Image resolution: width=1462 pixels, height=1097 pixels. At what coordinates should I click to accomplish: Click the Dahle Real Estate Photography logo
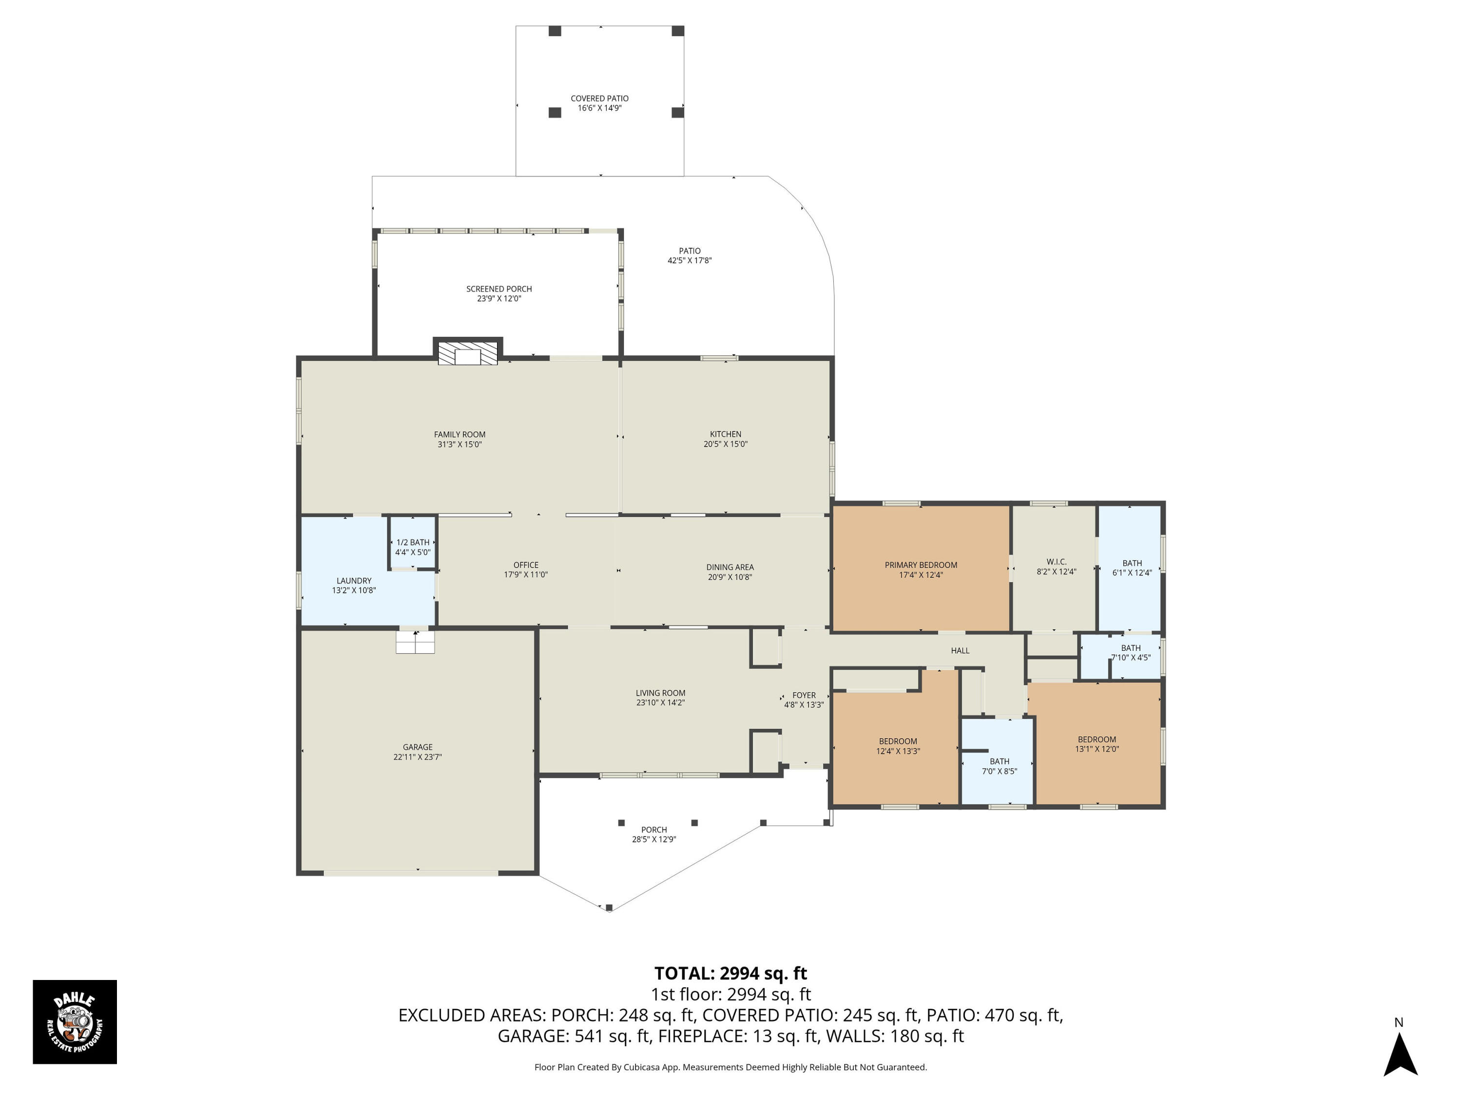pyautogui.click(x=75, y=1021)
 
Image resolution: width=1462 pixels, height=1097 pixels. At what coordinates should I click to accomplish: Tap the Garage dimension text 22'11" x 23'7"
pyautogui.click(x=417, y=757)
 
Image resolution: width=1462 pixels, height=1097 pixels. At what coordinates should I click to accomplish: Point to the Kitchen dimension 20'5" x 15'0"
pyautogui.click(x=725, y=444)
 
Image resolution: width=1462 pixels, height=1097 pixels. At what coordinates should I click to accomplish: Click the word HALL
pyautogui.click(x=960, y=651)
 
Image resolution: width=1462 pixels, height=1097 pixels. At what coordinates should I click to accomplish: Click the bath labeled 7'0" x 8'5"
pyautogui.click(x=1000, y=766)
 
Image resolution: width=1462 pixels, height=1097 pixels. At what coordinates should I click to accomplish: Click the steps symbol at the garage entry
pyautogui.click(x=415, y=642)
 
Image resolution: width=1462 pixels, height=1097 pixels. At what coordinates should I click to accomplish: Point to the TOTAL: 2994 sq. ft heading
pyautogui.click(x=731, y=973)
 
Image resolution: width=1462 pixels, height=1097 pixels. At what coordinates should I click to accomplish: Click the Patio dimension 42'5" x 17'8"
pyautogui.click(x=690, y=260)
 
